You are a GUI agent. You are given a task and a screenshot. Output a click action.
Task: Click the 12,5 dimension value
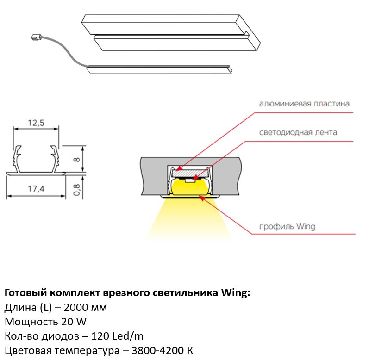(x=36, y=123)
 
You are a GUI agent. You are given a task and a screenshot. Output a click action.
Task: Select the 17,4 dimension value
(x=36, y=189)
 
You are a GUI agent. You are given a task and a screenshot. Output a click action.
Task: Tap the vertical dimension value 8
(x=77, y=160)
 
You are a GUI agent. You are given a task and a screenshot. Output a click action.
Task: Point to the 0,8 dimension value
(x=77, y=189)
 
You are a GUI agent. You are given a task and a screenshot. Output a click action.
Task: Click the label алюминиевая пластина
(x=304, y=103)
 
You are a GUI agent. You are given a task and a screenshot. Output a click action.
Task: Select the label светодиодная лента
(x=298, y=132)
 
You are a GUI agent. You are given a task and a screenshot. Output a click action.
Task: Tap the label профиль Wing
(x=287, y=227)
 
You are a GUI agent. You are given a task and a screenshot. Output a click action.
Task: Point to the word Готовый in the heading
(x=23, y=293)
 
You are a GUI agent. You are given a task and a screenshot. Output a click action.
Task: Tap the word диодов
(x=49, y=336)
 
